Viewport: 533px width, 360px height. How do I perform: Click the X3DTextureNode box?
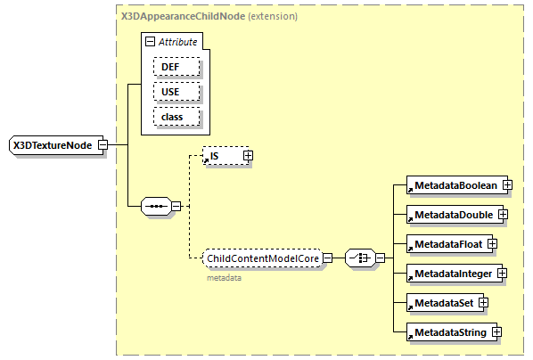coord(53,144)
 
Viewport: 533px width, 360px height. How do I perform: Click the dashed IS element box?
coord(222,156)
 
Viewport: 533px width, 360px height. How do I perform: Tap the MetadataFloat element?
coord(445,244)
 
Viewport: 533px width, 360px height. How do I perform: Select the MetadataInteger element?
coord(452,273)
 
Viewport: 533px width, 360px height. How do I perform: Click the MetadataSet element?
coord(441,303)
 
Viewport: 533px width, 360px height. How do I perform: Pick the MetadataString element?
coord(447,332)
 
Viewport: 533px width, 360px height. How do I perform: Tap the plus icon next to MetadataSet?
coord(484,303)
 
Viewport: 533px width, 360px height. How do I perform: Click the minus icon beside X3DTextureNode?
coord(103,144)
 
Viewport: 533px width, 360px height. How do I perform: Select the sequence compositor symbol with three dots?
coord(156,207)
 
